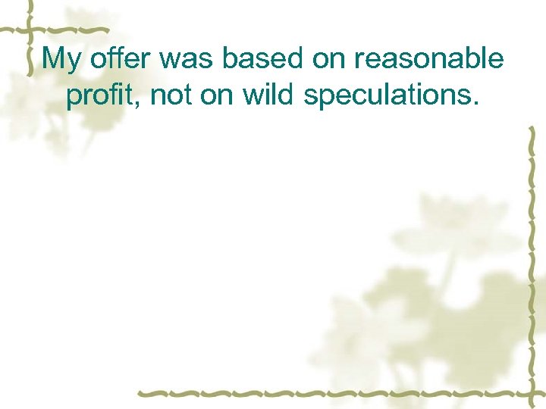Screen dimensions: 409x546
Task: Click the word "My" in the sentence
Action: (x=61, y=60)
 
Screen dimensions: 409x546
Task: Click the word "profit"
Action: (x=101, y=96)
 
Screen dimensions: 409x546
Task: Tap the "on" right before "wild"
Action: (x=215, y=95)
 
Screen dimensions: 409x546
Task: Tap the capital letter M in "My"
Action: (x=54, y=58)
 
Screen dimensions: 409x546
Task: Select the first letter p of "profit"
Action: (x=73, y=98)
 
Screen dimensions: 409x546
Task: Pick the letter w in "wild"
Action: (x=251, y=95)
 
